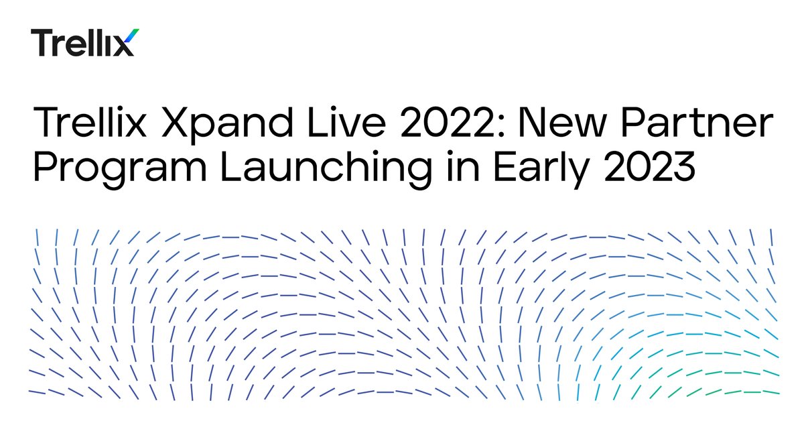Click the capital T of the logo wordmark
(42, 42)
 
